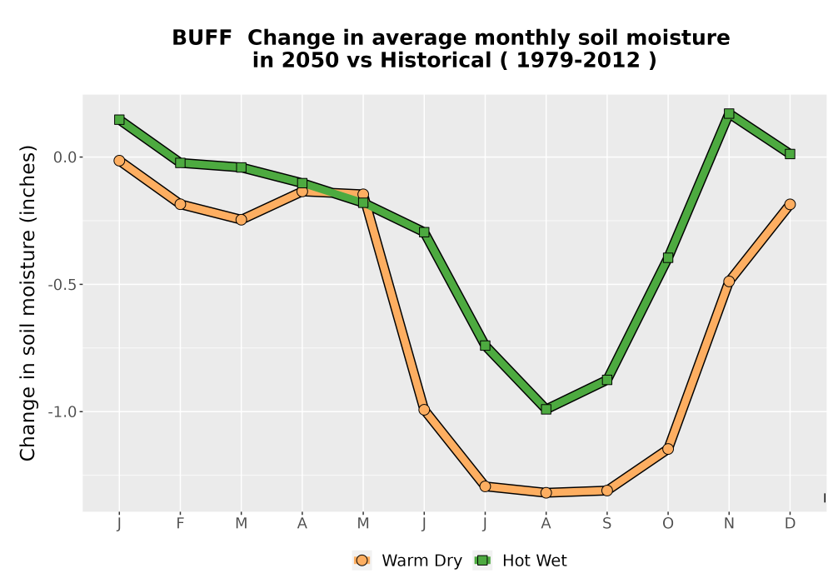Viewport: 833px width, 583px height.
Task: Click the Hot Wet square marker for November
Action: coord(729,113)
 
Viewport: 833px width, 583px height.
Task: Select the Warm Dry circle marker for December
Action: coord(790,204)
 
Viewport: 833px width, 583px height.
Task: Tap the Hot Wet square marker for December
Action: coord(790,154)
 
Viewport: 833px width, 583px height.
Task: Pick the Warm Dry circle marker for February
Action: coord(180,204)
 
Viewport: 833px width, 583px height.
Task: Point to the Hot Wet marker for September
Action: coord(607,380)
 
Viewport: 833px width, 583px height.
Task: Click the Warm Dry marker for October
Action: coord(668,449)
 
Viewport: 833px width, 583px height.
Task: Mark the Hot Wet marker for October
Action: coord(668,258)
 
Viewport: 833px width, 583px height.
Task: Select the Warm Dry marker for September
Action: coord(607,491)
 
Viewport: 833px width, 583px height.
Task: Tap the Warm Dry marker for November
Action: coord(729,282)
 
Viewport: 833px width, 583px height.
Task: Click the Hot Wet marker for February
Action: coord(180,163)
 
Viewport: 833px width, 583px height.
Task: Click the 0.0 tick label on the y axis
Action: coord(65,157)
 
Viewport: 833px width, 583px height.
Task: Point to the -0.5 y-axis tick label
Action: coord(62,285)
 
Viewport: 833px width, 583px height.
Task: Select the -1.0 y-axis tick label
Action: coord(62,412)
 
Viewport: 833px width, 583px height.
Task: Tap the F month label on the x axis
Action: coord(180,524)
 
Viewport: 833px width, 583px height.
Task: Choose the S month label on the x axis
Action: coord(607,524)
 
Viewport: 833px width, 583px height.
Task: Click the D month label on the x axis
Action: coord(790,524)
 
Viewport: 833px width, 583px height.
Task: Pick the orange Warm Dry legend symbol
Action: coord(362,561)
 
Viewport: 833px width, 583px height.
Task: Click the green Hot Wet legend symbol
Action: coord(482,561)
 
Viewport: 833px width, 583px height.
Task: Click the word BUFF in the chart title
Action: coord(202,38)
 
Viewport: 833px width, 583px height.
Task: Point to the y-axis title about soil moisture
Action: coord(27,302)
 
